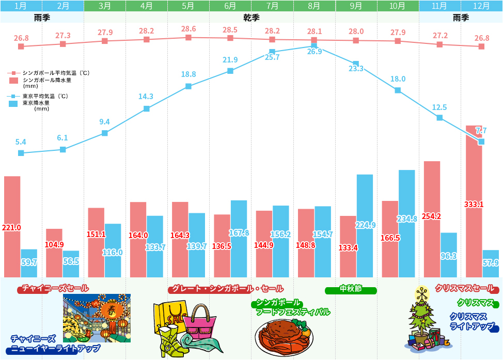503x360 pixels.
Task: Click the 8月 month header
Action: tap(314, 6)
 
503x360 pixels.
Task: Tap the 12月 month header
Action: tap(481, 6)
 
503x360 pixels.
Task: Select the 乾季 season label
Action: tap(251, 18)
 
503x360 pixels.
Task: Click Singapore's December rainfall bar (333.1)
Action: tap(474, 201)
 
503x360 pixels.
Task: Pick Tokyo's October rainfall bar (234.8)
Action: tap(406, 223)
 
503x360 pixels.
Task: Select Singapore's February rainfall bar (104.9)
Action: tap(54, 253)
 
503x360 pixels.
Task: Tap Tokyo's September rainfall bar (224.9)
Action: tap(365, 226)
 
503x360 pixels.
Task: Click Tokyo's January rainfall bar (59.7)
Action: tap(29, 263)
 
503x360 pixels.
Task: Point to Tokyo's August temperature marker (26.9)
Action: tap(314, 45)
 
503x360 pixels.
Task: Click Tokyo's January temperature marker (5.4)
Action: tap(21, 153)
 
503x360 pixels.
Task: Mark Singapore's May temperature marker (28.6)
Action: tap(188, 37)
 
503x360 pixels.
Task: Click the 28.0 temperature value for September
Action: tap(356, 32)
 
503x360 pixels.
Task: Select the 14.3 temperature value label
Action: tap(146, 96)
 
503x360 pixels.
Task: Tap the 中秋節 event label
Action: tap(351, 289)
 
